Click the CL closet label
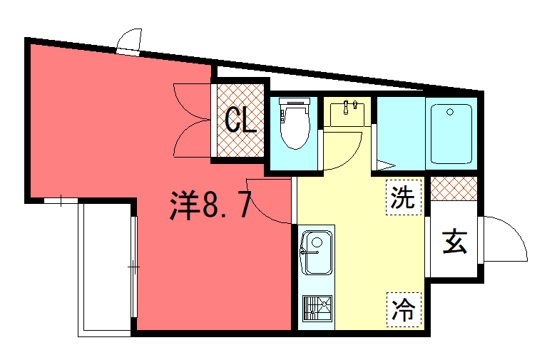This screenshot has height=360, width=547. pos(241,120)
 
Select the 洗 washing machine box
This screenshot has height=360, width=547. pos(404,197)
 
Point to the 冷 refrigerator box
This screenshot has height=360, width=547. pos(404,309)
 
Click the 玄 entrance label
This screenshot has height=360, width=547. pos(454,242)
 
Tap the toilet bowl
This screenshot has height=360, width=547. pos(295,127)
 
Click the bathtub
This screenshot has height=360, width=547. pos(451,134)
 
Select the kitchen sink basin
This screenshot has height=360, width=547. pos(317,252)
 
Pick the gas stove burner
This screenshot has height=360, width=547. pos(317,308)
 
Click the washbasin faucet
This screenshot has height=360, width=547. pos(346,107)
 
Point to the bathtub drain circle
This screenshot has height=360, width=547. pos(450,112)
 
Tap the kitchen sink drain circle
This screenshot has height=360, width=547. pos(317,242)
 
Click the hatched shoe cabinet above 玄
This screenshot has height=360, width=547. pos(454,188)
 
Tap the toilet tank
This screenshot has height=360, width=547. pos(295,101)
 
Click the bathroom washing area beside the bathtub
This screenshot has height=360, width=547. pos(402,133)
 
